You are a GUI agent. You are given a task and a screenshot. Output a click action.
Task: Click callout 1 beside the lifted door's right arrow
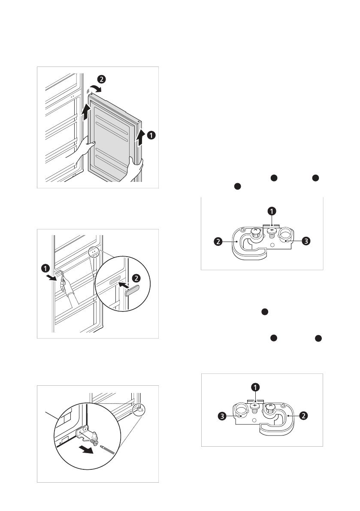pyautogui.click(x=151, y=135)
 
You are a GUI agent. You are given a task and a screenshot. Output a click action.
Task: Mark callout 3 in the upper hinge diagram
pyautogui.click(x=305, y=241)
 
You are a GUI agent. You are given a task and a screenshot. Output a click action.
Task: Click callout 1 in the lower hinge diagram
pyautogui.click(x=255, y=387)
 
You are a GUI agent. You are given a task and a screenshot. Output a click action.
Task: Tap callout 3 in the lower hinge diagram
pyautogui.click(x=221, y=415)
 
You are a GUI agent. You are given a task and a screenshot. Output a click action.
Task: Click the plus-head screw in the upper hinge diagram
pyautogui.click(x=271, y=231)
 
